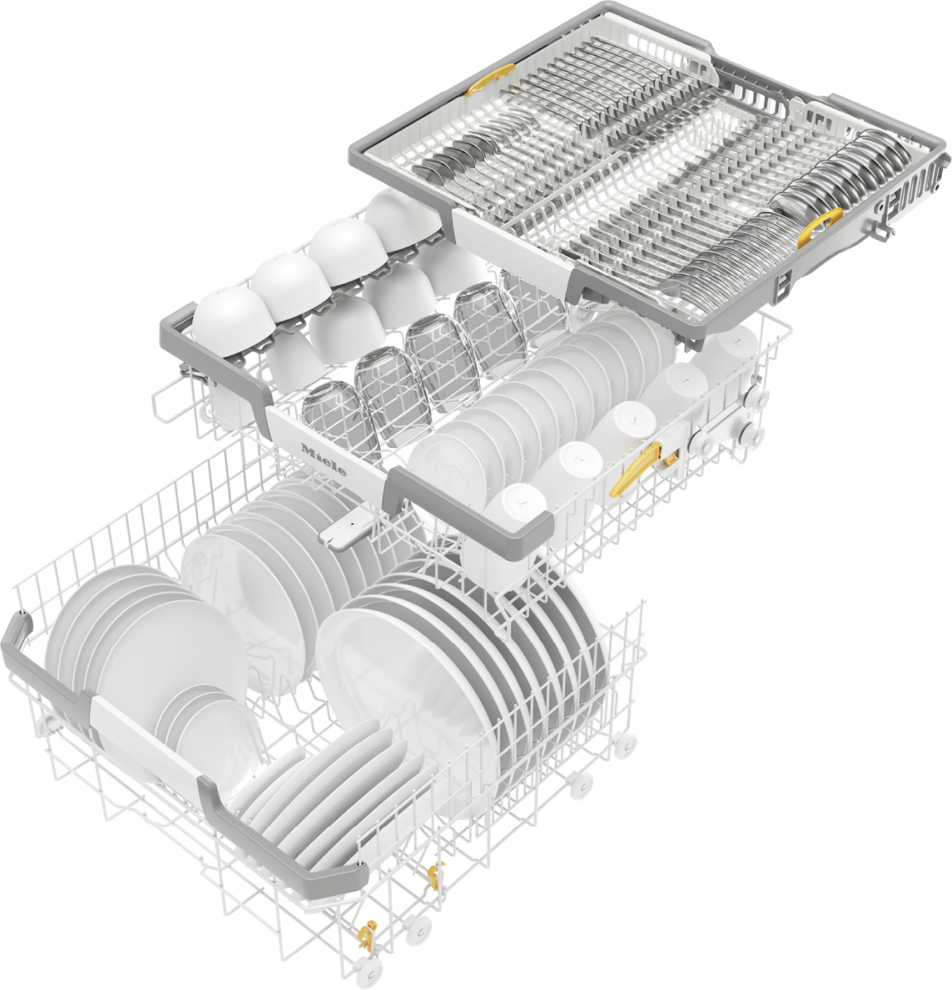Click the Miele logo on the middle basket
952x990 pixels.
(x=323, y=460)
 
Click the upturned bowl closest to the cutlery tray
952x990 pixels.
(x=402, y=216)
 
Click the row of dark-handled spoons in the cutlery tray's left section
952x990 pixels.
(x=462, y=153)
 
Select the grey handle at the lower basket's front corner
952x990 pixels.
(x=280, y=833)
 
